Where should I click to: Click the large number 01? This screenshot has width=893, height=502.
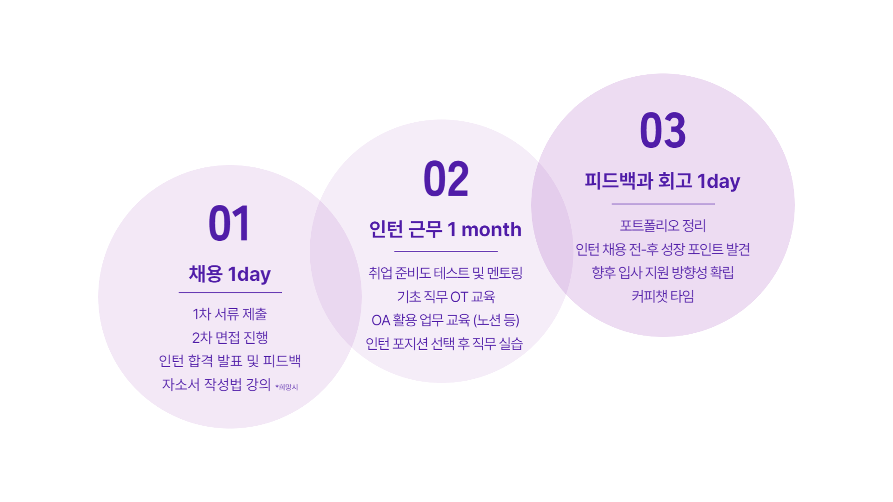coord(229,224)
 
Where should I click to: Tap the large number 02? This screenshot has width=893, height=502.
coord(446,178)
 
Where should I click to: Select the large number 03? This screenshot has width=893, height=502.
coord(663,131)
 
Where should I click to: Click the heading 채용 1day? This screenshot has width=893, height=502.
coord(230,274)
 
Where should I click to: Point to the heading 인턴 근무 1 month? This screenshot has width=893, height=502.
coord(445,229)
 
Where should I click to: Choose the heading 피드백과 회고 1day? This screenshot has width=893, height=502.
coord(662,181)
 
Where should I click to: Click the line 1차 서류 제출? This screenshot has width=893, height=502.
coord(230,314)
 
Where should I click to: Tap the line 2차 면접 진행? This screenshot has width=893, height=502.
coord(230,337)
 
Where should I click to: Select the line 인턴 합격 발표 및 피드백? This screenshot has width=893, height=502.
coord(230,361)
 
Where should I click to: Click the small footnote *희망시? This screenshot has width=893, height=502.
coord(287,387)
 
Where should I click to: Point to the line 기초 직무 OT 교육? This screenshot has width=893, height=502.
coord(446,297)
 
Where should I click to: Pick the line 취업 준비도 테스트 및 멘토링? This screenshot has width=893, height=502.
coord(446,273)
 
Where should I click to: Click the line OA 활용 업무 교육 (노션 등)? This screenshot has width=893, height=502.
coord(445,320)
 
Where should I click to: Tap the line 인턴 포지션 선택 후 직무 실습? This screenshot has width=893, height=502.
coord(444,343)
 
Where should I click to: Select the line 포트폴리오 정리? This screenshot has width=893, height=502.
coord(663,226)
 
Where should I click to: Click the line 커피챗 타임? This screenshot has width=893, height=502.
coord(663,296)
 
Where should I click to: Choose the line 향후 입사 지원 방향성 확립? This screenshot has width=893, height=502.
coord(663,272)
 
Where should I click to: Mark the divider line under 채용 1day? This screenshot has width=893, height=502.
coord(230,293)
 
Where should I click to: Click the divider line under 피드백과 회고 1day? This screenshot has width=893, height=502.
coord(663,204)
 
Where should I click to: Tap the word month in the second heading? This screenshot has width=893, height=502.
coord(492,229)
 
